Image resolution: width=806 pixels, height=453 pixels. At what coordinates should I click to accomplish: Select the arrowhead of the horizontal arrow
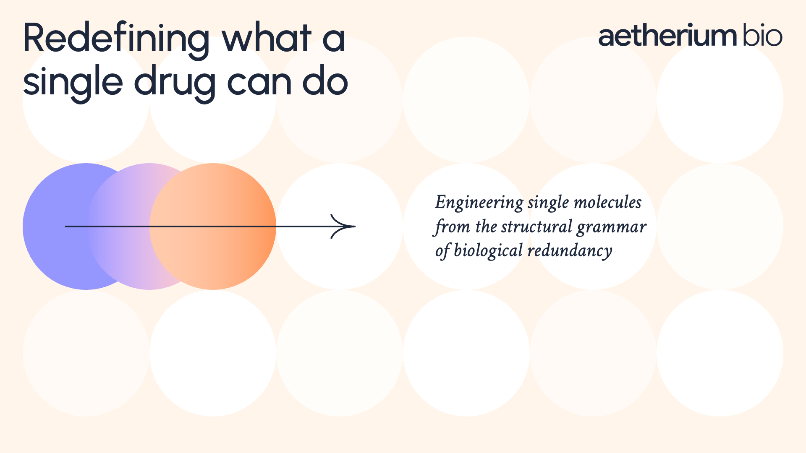pos(343,226)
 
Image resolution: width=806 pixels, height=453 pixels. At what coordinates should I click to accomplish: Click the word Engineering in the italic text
pos(479,203)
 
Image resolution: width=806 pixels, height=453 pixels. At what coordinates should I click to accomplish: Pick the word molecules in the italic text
pos(607,202)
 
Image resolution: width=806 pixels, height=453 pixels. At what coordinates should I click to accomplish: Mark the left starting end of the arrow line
pos(65,226)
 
